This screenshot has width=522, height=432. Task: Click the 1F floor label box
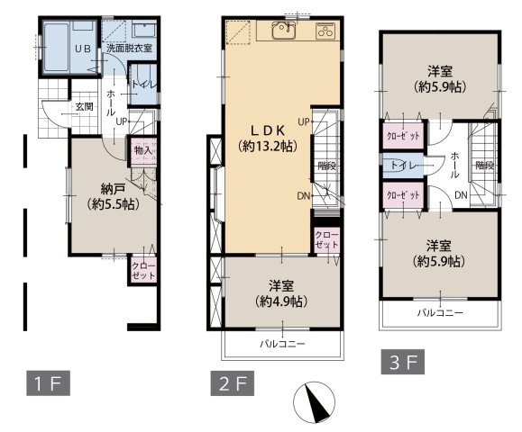click(49, 383)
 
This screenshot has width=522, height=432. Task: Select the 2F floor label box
click(233, 383)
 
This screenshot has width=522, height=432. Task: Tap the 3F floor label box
click(403, 362)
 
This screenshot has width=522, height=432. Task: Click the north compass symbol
click(314, 402)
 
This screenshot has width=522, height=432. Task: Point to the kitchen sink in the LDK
click(284, 31)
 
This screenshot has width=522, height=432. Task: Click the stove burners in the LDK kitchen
click(325, 31)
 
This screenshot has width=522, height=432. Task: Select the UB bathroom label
click(83, 49)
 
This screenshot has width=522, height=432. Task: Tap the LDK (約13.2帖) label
click(268, 139)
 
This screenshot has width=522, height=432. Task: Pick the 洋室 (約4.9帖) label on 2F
click(281, 293)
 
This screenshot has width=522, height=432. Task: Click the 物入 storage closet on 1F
click(143, 150)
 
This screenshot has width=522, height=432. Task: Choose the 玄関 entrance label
click(84, 107)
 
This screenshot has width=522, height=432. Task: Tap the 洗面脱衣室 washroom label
click(130, 49)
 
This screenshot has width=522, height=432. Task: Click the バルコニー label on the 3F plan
click(441, 312)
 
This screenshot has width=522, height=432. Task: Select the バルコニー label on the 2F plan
click(282, 344)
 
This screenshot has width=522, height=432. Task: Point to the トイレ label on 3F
click(404, 165)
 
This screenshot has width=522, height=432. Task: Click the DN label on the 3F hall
click(461, 195)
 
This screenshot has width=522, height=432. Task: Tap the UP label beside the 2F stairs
click(304, 122)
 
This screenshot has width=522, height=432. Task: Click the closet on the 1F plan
click(143, 271)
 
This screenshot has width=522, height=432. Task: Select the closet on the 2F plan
click(327, 240)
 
